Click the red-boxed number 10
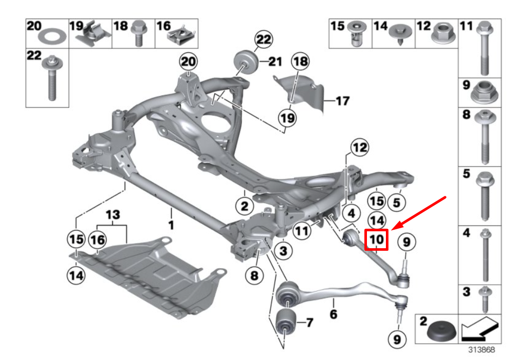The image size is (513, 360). point(376,239)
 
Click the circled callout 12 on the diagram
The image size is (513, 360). point(359,149)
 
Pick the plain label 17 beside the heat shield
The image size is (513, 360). point(342,101)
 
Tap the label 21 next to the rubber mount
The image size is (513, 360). point(275,63)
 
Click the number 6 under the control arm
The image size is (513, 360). point(334,313)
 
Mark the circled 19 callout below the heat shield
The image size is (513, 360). point(288,118)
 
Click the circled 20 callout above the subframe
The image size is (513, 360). point(188,63)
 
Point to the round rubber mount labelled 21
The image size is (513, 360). point(246,62)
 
